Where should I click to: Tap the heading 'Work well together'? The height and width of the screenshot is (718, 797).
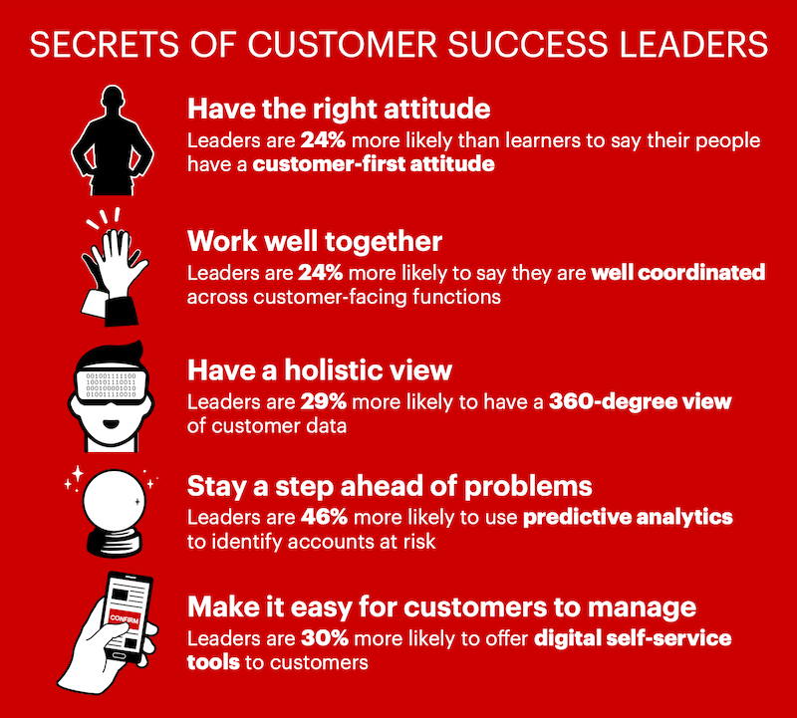[315, 240]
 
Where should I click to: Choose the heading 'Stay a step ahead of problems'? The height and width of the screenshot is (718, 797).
[390, 487]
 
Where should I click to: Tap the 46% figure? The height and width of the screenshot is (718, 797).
[321, 518]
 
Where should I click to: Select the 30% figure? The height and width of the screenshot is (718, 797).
[321, 636]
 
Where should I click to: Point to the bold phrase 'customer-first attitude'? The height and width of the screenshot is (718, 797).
[374, 164]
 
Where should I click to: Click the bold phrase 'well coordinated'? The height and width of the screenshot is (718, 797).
[679, 271]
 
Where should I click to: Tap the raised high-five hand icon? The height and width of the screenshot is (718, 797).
[113, 265]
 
